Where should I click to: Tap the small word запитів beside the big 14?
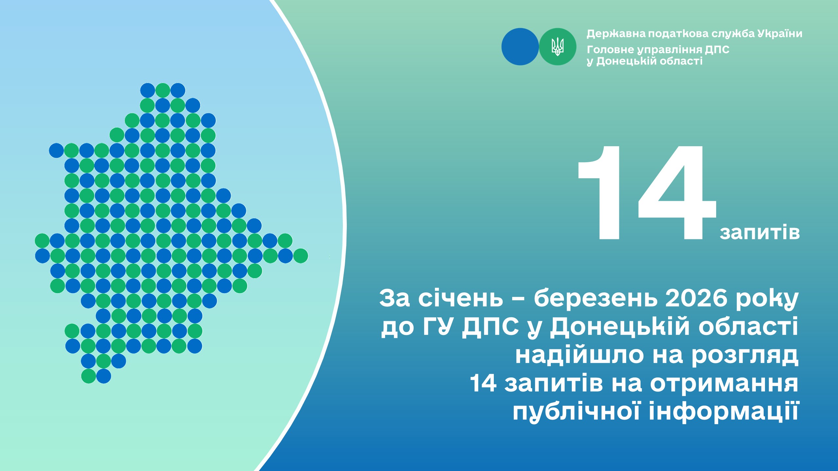pos(760,233)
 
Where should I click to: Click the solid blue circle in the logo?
pos(520,47)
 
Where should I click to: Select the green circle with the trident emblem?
pos(557,47)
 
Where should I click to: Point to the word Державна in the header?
pos(616,34)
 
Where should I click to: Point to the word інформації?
pos(723,411)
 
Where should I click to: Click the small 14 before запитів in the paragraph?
pos(483,383)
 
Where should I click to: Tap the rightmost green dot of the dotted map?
pos(301,256)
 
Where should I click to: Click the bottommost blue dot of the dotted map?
pos(103,376)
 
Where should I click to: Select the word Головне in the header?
pos(610,50)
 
